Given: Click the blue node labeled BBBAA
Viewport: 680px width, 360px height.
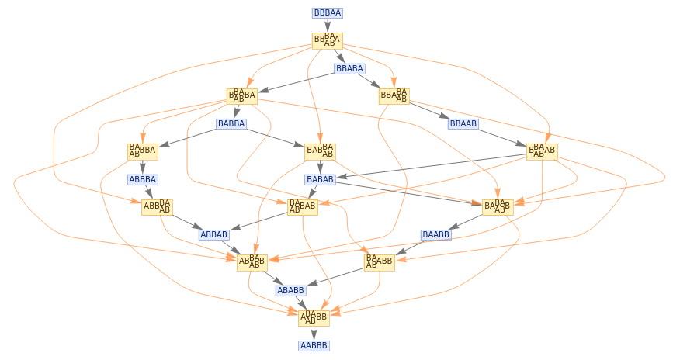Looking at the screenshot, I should point(327,13).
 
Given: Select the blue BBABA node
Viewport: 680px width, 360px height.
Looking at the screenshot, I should point(349,68).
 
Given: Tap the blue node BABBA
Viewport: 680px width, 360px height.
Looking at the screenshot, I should point(231,123).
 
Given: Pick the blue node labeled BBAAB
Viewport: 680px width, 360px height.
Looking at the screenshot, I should point(463,123).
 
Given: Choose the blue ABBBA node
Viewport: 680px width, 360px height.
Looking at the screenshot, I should point(142,179).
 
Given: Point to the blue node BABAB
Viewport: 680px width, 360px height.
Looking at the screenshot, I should point(320,179).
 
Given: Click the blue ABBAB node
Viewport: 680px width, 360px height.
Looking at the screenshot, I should point(213,234).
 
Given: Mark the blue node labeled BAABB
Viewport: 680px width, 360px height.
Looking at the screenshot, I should point(435,234).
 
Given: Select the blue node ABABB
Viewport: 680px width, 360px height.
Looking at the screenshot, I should point(290,290).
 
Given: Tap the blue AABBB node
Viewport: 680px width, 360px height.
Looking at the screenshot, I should point(314,345).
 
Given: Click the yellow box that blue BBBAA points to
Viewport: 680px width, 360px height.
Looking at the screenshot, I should point(327,40).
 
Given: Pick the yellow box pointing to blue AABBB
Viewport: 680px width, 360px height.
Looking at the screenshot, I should point(314,317).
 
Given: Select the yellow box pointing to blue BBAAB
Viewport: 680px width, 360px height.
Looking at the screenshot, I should point(394,95).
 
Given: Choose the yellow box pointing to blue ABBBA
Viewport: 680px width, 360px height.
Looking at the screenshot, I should point(142,151).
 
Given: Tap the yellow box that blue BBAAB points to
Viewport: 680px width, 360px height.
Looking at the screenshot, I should point(542,151).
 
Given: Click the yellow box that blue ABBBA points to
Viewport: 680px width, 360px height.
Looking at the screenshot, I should point(157,206).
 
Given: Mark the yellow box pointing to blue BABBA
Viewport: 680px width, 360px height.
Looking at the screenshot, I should point(241,95).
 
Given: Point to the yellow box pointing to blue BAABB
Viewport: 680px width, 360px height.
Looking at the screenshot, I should point(498,206).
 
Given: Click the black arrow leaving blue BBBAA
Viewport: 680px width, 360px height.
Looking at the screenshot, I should point(327,26).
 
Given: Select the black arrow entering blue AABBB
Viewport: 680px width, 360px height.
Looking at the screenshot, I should point(314,332).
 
